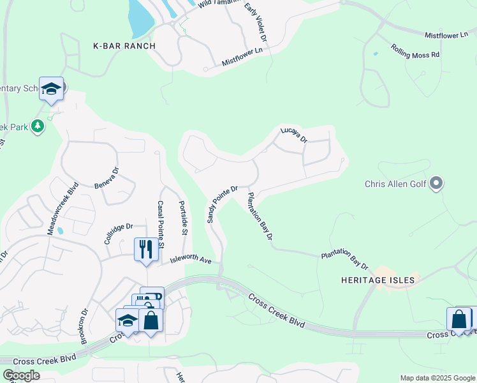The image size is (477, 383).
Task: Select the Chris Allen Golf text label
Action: point(395,184)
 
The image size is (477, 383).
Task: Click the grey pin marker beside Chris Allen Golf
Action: point(436,184)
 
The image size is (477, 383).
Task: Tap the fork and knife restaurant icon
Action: point(145,248)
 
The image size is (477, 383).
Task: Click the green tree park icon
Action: point(38,126)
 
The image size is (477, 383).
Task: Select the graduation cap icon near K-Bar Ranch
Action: point(51,89)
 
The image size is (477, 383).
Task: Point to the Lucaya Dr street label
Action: point(294,135)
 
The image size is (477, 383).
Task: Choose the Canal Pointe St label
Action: point(161,225)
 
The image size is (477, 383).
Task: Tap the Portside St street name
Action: point(184,218)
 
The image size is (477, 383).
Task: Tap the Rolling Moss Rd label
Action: point(415,52)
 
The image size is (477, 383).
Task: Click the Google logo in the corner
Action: point(21,375)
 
